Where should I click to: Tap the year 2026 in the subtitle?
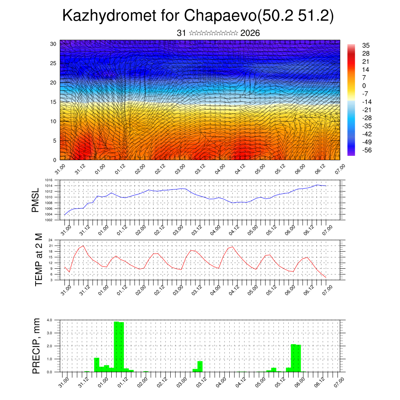pos(250,33)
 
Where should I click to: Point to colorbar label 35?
pos(366,46)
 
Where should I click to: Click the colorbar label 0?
pos(364,86)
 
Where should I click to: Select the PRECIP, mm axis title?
pos(36,345)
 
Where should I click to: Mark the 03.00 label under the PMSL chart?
pos(178,228)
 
